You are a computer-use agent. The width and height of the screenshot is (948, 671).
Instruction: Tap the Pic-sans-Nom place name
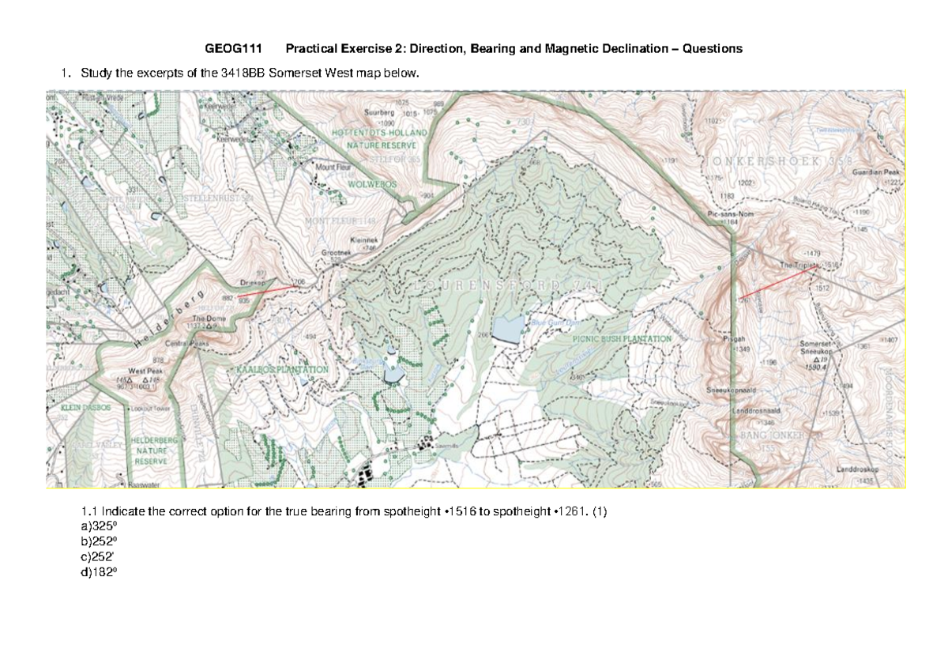[727, 214]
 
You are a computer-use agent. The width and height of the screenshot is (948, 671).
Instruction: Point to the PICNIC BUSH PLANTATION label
[621, 338]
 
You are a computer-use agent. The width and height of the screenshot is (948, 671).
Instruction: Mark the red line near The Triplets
[779, 281]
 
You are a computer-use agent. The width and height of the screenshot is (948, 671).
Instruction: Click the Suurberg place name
[378, 113]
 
